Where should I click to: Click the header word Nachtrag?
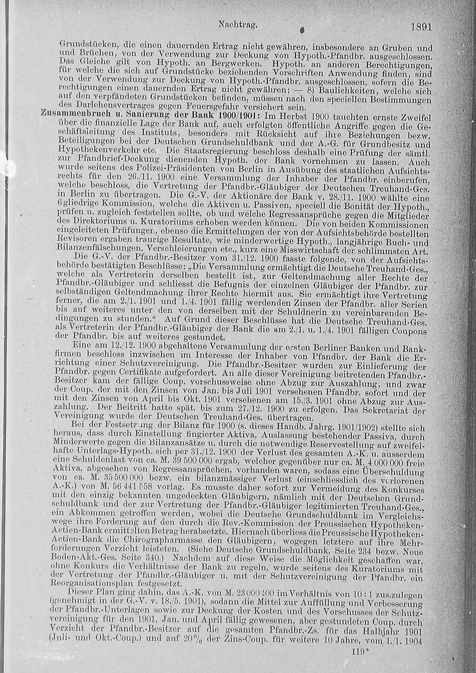click(238, 25)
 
